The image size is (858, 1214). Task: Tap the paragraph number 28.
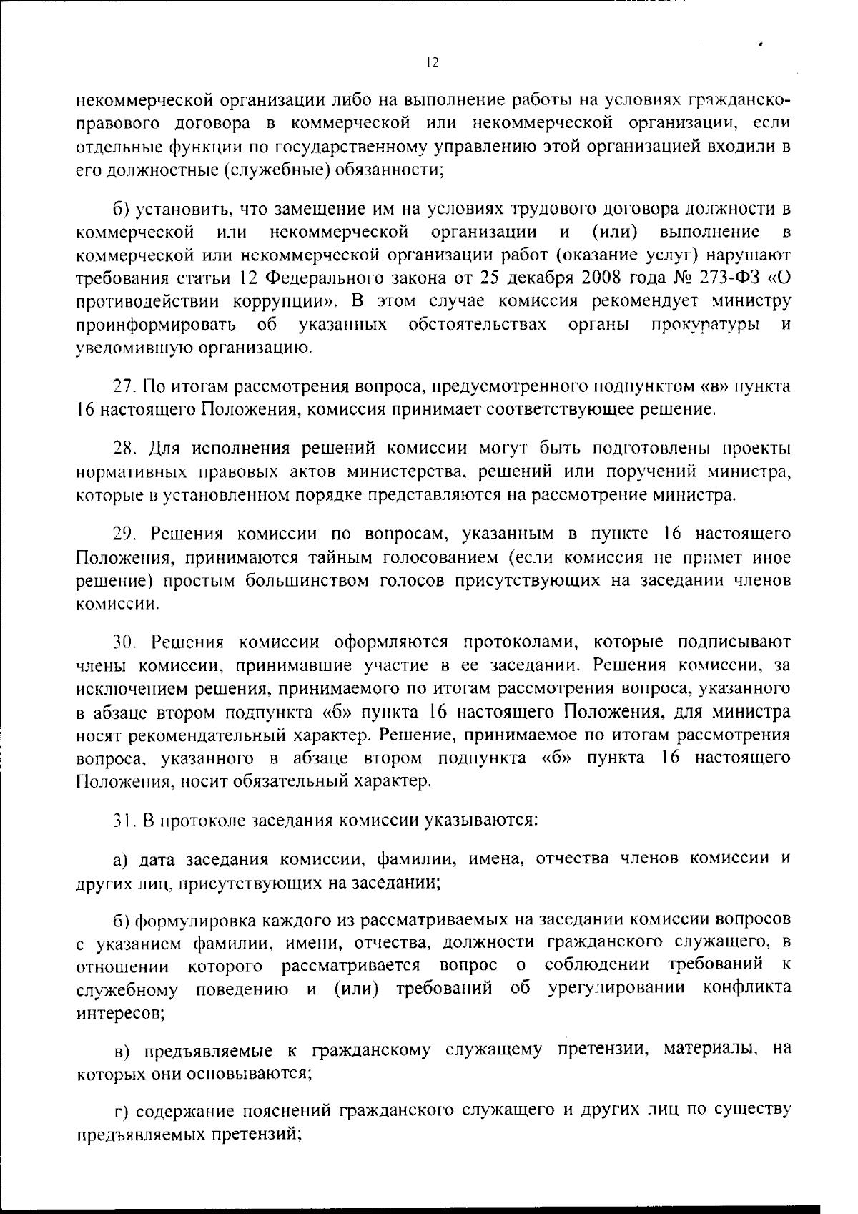125,449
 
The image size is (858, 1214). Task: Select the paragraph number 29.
125,534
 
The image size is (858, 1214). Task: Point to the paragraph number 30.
125,642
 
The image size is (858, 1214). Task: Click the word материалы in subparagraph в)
706,1050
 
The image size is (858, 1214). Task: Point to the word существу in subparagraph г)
754,1111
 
